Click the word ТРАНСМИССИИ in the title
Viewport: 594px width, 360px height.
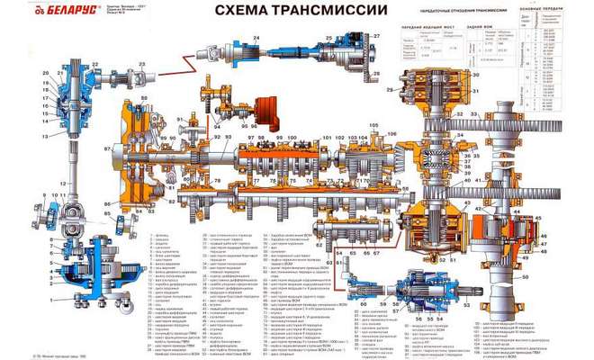[x=322, y=11]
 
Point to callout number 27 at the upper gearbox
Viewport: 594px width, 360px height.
[x=377, y=36]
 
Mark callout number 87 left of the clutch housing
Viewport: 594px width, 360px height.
[x=107, y=148]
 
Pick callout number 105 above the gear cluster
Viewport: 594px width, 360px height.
[x=373, y=123]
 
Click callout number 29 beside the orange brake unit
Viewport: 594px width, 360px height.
[x=390, y=92]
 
